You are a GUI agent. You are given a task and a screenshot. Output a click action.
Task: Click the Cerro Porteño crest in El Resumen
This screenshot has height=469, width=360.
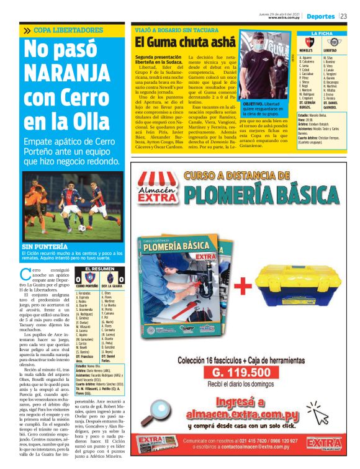[88, 277]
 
